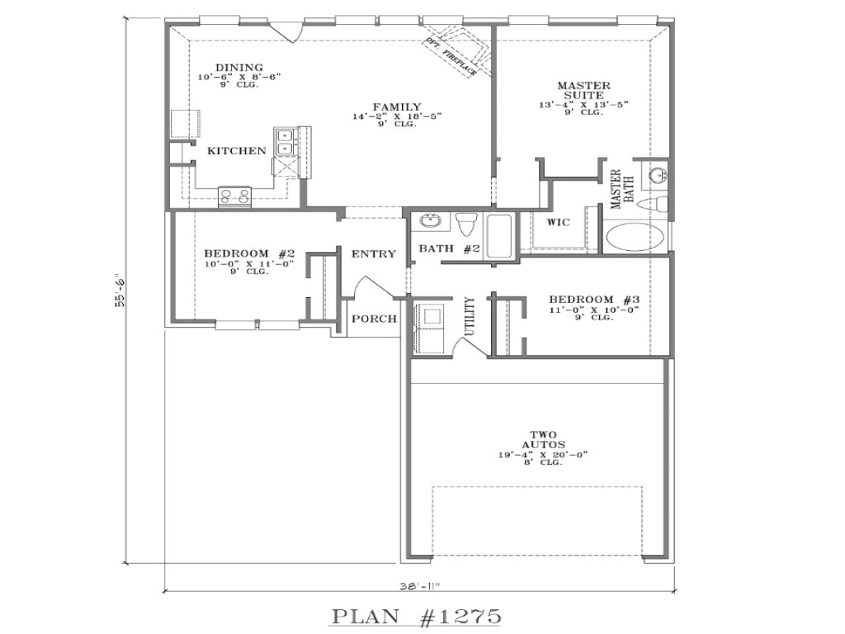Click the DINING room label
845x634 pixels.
tap(239, 68)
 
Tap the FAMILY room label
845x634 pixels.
tap(397, 107)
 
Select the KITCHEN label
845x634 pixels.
tap(236, 151)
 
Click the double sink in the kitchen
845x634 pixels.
tap(285, 141)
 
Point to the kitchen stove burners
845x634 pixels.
tap(234, 196)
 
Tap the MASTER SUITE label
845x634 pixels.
tap(583, 90)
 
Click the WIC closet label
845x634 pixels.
tap(559, 223)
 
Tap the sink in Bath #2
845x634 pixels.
tap(430, 221)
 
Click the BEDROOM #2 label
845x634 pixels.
tap(237, 253)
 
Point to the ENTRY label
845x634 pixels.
tap(374, 254)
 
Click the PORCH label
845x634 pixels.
tap(374, 319)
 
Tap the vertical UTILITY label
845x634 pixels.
tap(470, 316)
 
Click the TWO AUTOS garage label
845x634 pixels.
tap(542, 440)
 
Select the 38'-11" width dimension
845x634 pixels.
tap(418, 587)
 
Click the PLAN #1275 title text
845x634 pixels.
tap(417, 616)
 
